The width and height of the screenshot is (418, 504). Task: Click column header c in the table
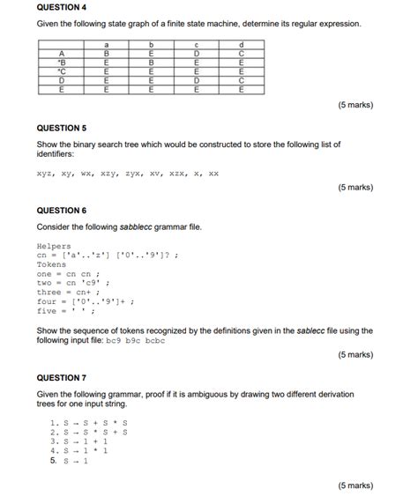[196, 45]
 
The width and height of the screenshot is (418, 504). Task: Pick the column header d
[241, 45]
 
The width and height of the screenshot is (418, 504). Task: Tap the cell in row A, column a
[107, 54]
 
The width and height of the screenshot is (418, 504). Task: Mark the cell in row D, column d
[241, 80]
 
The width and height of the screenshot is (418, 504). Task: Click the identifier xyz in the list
[46, 174]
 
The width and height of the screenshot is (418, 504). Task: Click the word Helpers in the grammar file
[54, 246]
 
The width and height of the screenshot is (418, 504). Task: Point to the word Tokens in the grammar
[51, 264]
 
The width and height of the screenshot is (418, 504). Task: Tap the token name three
[49, 292]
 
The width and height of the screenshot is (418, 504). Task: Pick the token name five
[47, 310]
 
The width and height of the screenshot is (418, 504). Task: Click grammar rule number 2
[88, 432]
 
